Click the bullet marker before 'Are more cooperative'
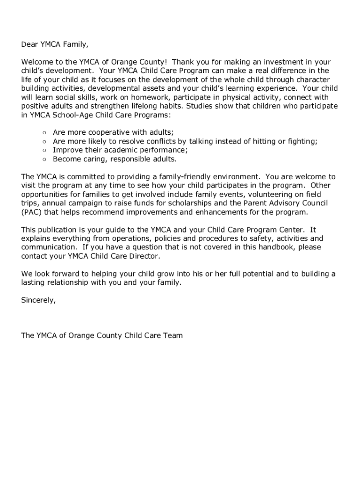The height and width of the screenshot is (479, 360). click(44, 133)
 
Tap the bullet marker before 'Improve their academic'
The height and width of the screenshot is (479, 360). click(44, 150)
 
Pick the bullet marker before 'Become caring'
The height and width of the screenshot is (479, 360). click(44, 159)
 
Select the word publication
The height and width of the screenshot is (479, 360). click(60, 230)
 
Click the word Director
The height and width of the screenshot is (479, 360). click(143, 256)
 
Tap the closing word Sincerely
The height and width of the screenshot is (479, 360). click(38, 300)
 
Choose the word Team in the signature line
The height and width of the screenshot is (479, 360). click(173, 335)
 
